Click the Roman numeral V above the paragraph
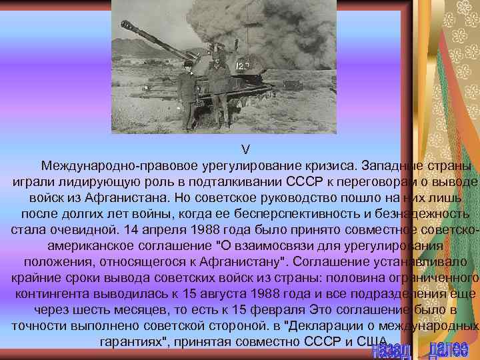point(245,149)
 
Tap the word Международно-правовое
point(109,165)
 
